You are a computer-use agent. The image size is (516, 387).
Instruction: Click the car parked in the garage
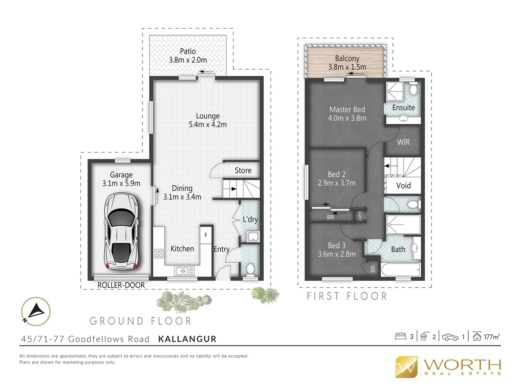pos(121,231)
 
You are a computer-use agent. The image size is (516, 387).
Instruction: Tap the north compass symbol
pos(35,311)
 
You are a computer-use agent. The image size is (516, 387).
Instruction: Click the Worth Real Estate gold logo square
pos(406,367)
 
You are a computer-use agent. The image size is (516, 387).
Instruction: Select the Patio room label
pos(188,51)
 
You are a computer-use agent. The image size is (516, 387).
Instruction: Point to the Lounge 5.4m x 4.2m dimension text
pos(208,125)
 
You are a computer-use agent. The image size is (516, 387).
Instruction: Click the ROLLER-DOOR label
pos(121,285)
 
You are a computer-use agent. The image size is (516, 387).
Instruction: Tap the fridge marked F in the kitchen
pos(206,235)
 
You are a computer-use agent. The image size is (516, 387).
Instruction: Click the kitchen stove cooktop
pos(159,254)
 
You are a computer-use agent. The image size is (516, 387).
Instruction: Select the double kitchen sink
pos(184,271)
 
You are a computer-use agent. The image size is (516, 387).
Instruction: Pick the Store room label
pos(243,171)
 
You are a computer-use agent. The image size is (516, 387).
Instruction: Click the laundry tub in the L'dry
pos(253,236)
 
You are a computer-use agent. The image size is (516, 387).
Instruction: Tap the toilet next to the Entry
pos(250,268)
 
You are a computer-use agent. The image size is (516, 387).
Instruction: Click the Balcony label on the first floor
pos(347,58)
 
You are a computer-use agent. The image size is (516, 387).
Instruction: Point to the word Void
pos(403,186)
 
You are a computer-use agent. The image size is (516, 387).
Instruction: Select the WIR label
pos(403,142)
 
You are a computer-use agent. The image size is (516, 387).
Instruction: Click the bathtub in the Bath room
pos(400,270)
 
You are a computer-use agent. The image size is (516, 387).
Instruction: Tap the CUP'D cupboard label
pos(360,216)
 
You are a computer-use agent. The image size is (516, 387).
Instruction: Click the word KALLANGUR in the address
pos(187,339)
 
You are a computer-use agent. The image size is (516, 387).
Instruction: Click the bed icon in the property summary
pos(400,336)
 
